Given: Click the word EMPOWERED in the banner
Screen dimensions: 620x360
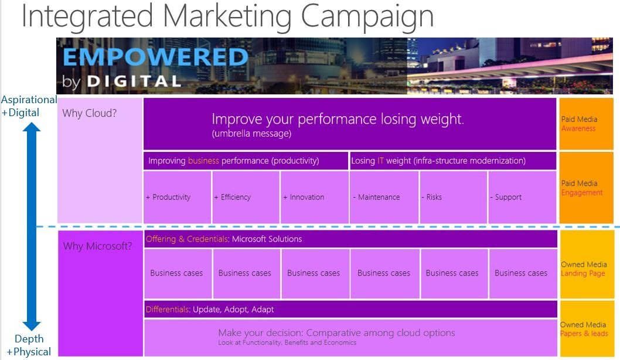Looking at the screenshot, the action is click(x=155, y=57).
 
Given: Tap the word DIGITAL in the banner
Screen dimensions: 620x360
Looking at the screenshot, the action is click(x=134, y=81).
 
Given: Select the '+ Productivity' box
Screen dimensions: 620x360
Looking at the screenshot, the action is click(x=177, y=197).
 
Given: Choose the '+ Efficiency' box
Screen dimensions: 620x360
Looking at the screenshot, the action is click(x=246, y=197).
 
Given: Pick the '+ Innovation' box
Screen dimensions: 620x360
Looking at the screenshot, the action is click(x=315, y=197).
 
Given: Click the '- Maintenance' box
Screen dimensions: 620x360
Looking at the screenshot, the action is click(x=384, y=197).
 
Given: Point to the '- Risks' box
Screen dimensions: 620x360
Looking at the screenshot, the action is click(x=453, y=197).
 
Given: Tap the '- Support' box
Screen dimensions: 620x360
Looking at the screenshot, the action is click(x=522, y=197).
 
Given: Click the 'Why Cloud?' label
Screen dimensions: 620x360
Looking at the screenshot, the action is click(x=89, y=113).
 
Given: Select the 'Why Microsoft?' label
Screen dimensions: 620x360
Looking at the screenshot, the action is click(x=98, y=246).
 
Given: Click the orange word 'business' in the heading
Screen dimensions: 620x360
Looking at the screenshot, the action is click(x=203, y=161).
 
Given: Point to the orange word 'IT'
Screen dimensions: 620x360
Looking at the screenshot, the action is click(x=380, y=161).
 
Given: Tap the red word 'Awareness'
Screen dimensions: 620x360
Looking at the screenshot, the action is click(x=578, y=128).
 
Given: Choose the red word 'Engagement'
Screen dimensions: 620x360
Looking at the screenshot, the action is click(x=582, y=193).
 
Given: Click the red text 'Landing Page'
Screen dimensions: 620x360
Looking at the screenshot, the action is click(x=583, y=273).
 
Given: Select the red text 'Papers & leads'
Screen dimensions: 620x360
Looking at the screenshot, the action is click(x=584, y=334).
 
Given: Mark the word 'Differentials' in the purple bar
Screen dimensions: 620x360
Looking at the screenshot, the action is click(x=168, y=310).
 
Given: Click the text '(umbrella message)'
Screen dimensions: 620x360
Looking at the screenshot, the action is click(x=251, y=134).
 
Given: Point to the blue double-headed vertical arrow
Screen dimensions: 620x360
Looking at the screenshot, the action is click(x=31, y=226).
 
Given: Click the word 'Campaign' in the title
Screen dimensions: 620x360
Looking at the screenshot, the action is click(x=367, y=16).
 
